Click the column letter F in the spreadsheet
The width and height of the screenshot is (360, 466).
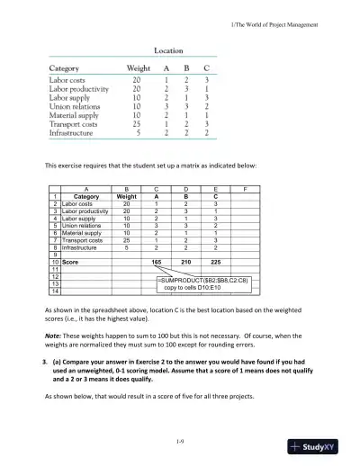pos(246,213)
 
